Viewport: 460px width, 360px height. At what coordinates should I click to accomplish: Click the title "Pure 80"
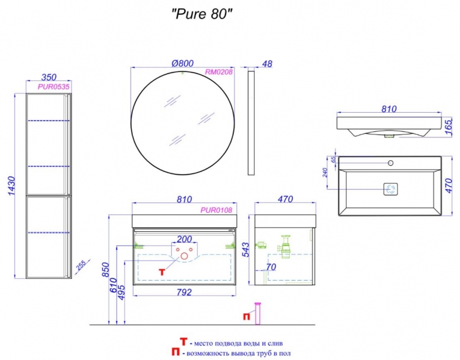pyautogui.click(x=202, y=13)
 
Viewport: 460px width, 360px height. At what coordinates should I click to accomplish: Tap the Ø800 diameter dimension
pyautogui.click(x=182, y=63)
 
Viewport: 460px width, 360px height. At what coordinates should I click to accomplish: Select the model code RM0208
pyautogui.click(x=218, y=72)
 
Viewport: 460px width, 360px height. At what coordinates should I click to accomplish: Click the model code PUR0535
pyautogui.click(x=53, y=87)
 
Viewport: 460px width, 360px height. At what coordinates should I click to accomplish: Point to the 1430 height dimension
pyautogui.click(x=11, y=186)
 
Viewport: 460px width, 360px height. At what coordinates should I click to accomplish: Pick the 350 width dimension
pyautogui.click(x=49, y=77)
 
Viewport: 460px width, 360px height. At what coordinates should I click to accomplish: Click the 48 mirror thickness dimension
pyautogui.click(x=267, y=64)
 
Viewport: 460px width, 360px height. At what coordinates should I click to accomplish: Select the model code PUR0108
pyautogui.click(x=216, y=210)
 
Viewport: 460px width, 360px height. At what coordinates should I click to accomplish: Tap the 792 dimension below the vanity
pyautogui.click(x=184, y=292)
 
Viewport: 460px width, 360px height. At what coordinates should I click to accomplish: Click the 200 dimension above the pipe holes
pyautogui.click(x=184, y=239)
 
